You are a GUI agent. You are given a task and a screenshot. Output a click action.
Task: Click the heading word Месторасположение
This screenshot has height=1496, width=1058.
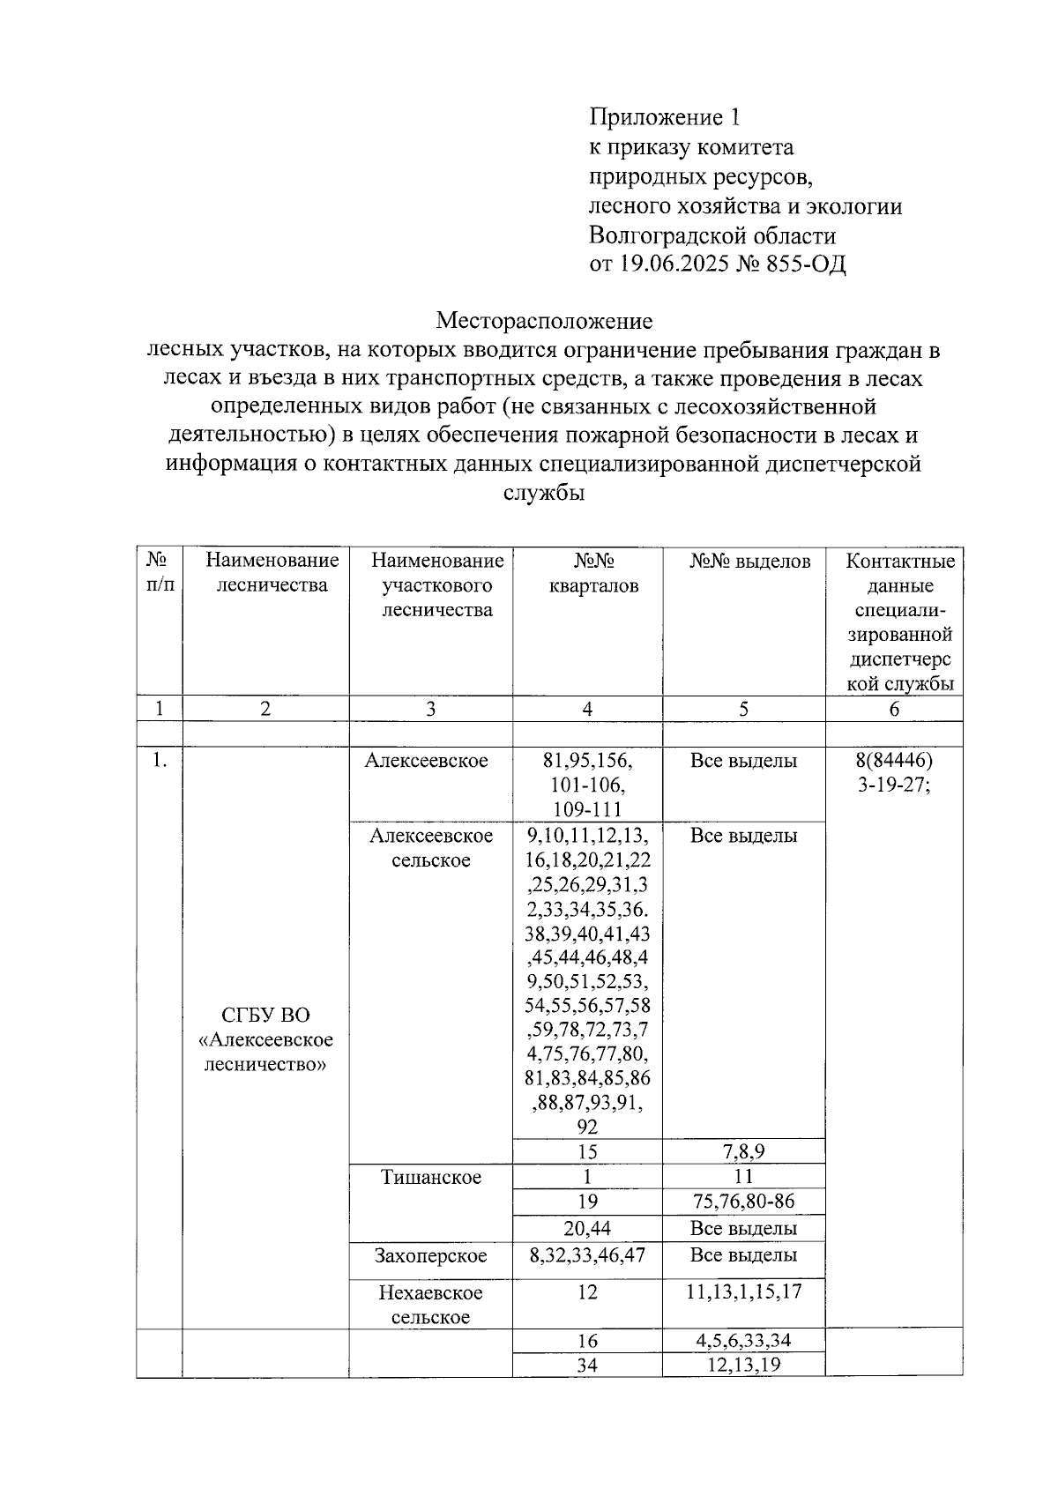coord(544,320)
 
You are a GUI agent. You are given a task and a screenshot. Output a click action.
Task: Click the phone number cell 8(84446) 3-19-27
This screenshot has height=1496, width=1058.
coord(894,773)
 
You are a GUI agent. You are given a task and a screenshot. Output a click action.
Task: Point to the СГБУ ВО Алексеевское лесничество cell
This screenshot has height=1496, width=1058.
coord(265,1038)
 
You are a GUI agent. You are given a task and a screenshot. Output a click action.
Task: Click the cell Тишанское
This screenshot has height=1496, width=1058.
coord(431,1177)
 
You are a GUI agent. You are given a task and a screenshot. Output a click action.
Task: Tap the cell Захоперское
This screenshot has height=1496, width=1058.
coord(431,1254)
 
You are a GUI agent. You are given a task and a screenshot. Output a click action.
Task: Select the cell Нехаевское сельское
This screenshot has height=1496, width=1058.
coord(431,1305)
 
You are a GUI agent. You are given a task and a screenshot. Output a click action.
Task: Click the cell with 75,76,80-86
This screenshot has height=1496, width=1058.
coord(743,1202)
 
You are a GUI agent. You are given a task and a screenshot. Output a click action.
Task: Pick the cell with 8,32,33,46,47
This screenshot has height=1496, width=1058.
coord(587,1254)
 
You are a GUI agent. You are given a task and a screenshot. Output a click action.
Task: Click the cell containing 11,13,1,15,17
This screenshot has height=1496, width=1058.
coord(743,1292)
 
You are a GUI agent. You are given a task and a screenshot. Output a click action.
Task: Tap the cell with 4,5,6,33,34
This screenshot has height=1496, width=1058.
coord(743,1341)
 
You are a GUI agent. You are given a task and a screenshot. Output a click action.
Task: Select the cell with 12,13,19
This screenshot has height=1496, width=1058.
coord(743,1366)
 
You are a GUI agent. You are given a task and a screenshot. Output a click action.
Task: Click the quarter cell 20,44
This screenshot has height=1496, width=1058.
coord(587,1228)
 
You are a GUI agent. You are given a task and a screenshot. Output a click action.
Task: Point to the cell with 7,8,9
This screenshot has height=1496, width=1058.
coord(743,1152)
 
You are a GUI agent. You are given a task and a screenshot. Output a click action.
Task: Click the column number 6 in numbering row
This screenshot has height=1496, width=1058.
coord(894,710)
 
